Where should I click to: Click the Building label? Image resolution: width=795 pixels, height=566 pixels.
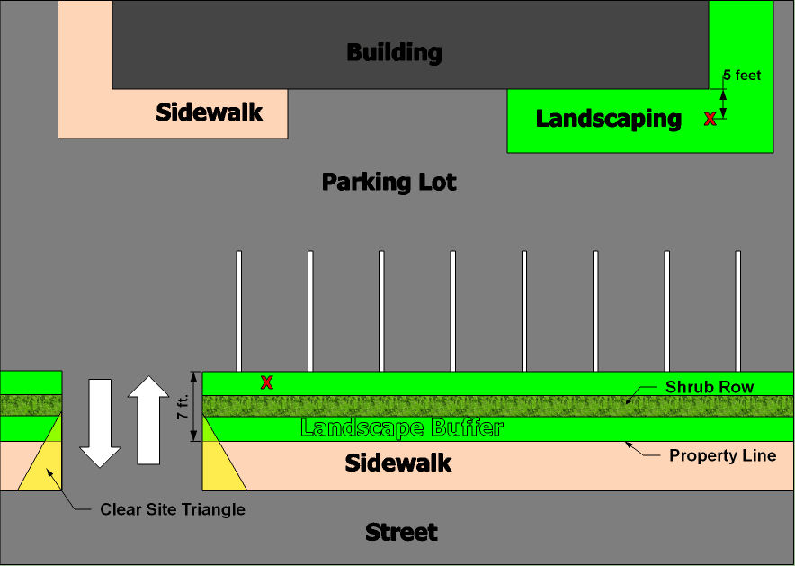pyautogui.click(x=394, y=52)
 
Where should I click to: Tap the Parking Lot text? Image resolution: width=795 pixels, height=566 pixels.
pyautogui.click(x=389, y=182)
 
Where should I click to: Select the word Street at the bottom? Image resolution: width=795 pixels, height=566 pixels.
pyautogui.click(x=401, y=532)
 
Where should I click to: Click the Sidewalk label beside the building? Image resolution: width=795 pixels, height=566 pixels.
pyautogui.click(x=209, y=112)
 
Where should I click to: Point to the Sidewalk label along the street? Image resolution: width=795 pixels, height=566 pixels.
pyautogui.click(x=398, y=463)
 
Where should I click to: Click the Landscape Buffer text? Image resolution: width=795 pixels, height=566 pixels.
pyautogui.click(x=401, y=427)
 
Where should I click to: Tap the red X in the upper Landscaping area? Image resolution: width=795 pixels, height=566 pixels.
pyautogui.click(x=710, y=118)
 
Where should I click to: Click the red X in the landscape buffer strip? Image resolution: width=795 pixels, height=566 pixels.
pyautogui.click(x=266, y=382)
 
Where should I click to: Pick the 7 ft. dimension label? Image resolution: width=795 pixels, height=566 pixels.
pyautogui.click(x=183, y=406)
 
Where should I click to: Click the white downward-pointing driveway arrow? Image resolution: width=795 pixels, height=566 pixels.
pyautogui.click(x=100, y=422)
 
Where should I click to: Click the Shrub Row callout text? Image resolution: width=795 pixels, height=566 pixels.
pyautogui.click(x=710, y=387)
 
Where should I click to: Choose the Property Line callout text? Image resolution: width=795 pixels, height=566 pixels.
pyautogui.click(x=722, y=455)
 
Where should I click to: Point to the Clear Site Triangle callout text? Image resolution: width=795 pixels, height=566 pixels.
pyautogui.click(x=173, y=509)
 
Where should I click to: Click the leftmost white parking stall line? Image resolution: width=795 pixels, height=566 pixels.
pyautogui.click(x=238, y=310)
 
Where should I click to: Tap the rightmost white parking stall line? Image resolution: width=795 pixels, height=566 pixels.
pyautogui.click(x=738, y=310)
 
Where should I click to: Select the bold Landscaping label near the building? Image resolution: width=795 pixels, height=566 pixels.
pyautogui.click(x=609, y=118)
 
